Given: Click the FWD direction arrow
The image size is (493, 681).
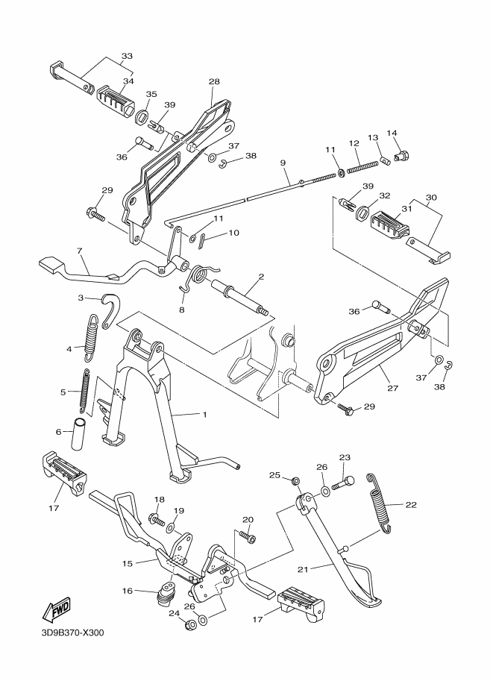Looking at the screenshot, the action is point(56,609).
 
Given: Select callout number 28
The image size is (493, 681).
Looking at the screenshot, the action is point(214,81).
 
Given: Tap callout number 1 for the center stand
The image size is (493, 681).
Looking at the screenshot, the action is point(204,414).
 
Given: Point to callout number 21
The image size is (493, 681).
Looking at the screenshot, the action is point(303,569).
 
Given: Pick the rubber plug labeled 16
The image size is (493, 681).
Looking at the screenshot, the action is point(163,592).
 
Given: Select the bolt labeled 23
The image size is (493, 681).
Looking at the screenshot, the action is point(343,483).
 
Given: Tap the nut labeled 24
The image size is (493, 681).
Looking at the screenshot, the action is point(189,625).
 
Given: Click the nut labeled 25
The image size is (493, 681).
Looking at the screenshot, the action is point(295,481).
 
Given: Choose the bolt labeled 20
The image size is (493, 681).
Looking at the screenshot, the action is point(248,537).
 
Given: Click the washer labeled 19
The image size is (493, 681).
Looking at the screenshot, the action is point(171,527).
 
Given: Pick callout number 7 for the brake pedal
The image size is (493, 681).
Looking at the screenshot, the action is point(79,251).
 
